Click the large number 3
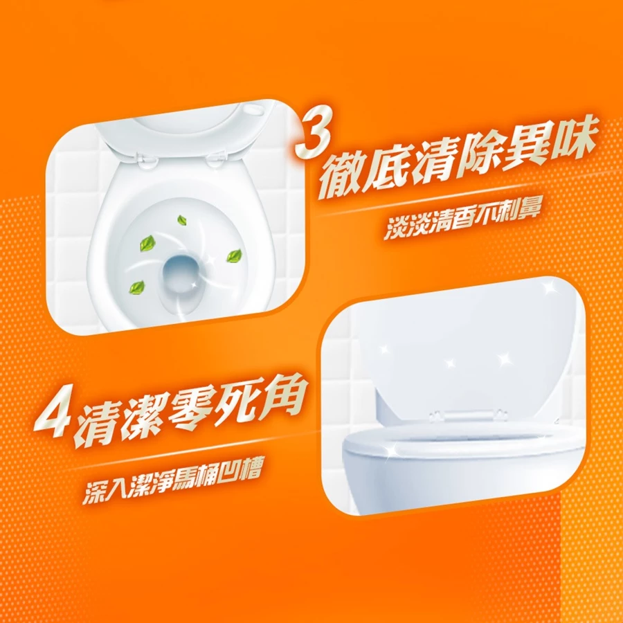[x=313, y=135]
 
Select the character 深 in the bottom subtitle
[x=96, y=493]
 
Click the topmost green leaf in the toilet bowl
[x=181, y=219]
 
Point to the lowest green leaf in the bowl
[x=138, y=286]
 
